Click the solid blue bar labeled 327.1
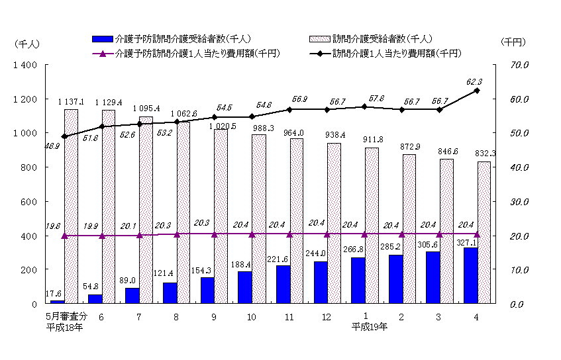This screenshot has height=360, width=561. (471, 275)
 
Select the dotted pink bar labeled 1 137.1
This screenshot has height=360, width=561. (71, 206)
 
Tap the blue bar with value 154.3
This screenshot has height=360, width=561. (208, 290)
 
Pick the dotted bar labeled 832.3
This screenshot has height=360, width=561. (484, 232)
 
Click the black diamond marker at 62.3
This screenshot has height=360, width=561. (477, 91)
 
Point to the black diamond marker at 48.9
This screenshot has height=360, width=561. (64, 136)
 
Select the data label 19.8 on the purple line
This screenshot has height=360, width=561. (54, 226)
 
